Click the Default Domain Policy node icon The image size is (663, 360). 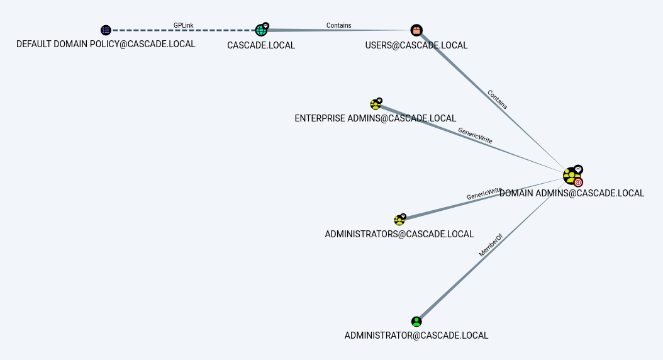pos(106,30)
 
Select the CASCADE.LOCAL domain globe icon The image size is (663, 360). pos(261,30)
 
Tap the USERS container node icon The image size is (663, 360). pos(416,30)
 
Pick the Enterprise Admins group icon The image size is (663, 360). pos(376,104)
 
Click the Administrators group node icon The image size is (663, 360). pos(399,220)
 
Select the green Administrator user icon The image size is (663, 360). pos(416,322)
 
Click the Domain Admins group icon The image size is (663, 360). pos(571,176)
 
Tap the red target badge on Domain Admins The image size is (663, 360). pos(578,183)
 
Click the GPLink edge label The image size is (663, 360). pos(184,26)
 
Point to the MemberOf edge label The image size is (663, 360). pos(491,245)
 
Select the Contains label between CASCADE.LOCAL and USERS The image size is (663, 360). pos(338,26)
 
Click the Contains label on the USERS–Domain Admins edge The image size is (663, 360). pos(497,99)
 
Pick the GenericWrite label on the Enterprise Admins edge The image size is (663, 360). pos(475,137)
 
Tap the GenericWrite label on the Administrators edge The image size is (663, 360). pos(484,194)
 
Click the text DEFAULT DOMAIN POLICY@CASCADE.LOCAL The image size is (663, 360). pos(106,44)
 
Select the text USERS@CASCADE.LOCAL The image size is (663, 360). pos(416,45)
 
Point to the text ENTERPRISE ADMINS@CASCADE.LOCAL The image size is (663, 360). pos(376,118)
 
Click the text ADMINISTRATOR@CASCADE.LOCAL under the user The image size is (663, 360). pos(416,335)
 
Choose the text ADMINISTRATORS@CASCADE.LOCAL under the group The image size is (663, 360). pos(399,234)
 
